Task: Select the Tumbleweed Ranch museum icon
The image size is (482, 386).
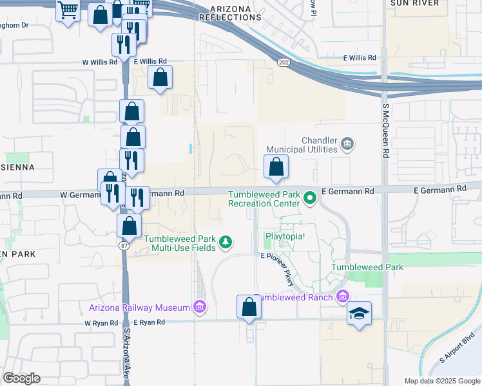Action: click(x=342, y=296)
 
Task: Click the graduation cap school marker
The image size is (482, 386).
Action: click(x=359, y=313)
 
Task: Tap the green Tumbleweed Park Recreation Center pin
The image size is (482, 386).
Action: click(x=310, y=198)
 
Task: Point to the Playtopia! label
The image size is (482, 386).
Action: click(x=285, y=236)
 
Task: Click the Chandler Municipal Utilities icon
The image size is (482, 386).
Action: click(x=347, y=143)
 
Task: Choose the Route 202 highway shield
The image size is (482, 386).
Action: click(x=284, y=62)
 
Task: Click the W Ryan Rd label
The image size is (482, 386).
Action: click(x=101, y=322)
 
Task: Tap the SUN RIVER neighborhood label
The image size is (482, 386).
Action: click(x=414, y=3)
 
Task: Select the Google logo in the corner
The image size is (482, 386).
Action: click(x=21, y=378)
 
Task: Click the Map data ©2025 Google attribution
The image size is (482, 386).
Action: click(x=441, y=381)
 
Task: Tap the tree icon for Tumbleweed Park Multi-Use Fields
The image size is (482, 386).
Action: click(x=226, y=243)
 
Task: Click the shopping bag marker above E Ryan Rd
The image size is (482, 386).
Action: click(x=249, y=308)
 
